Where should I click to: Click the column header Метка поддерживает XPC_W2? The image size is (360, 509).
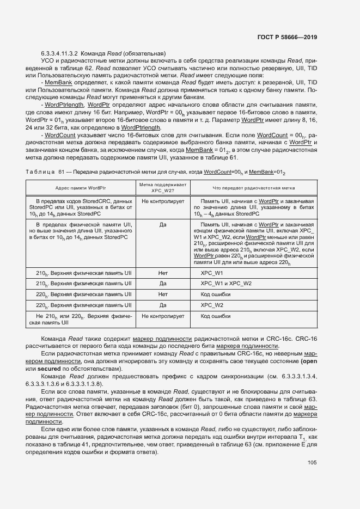pos(162,188)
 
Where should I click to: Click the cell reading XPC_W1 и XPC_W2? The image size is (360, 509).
pos(226,284)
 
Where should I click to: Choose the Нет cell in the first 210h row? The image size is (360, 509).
pos(162,273)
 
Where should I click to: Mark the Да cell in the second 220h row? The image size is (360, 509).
pos(162,305)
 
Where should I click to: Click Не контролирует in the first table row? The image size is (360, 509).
pos(162,201)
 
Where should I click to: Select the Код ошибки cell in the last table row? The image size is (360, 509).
pos(216,316)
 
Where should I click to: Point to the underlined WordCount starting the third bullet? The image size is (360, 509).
pos(59,134)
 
